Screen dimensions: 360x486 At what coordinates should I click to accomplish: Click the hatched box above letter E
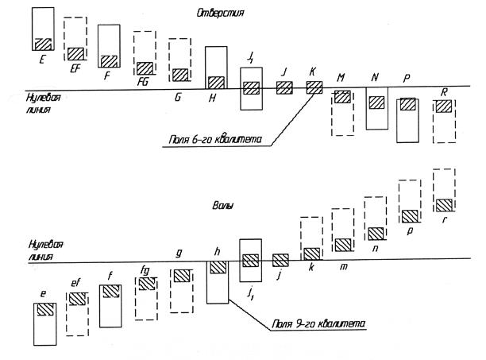tap(43, 45)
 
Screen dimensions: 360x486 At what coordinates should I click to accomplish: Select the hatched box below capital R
tap(444, 106)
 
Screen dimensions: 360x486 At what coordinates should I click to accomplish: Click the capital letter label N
tap(374, 77)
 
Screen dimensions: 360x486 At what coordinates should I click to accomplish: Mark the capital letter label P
tap(407, 79)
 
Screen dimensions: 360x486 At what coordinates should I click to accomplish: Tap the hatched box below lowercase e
tap(44, 310)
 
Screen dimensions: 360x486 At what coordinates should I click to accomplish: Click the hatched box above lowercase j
tap(280, 259)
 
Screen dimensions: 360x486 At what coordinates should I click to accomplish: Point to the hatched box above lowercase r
tap(444, 205)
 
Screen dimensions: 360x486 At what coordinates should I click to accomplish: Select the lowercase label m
tap(343, 265)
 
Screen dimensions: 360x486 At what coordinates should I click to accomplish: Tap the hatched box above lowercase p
tap(410, 215)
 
